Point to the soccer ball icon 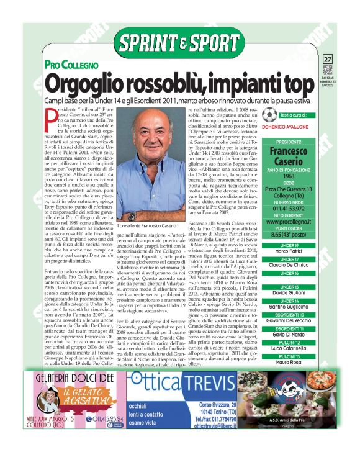pyautogui.click(x=269, y=115)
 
